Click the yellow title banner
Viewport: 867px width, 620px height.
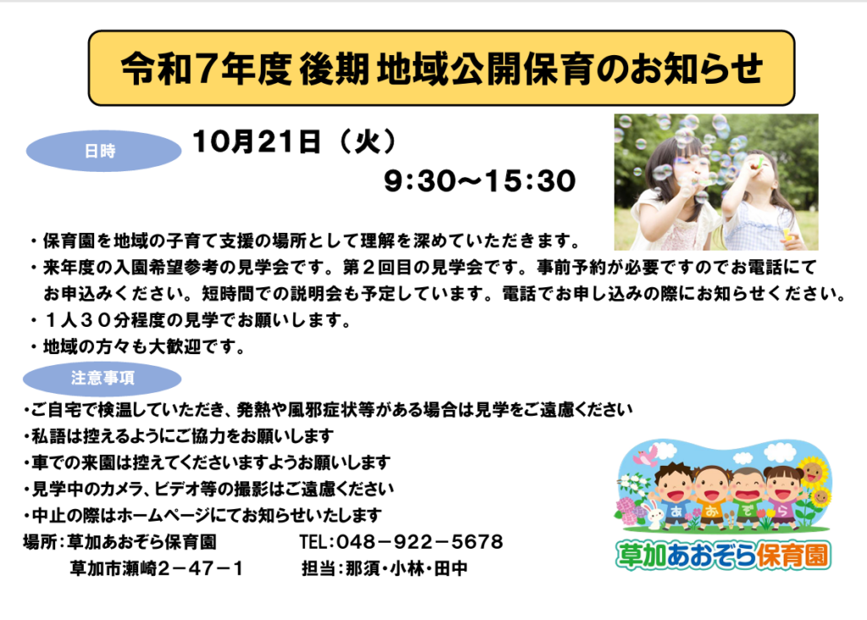pyautogui.click(x=441, y=68)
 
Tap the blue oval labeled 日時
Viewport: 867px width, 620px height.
pyautogui.click(x=103, y=151)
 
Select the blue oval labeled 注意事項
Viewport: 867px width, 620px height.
pyautogui.click(x=102, y=379)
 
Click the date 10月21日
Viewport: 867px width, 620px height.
pyautogui.click(x=256, y=141)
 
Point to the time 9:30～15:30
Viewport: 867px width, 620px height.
pyautogui.click(x=480, y=181)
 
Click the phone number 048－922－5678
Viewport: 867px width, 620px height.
pyautogui.click(x=420, y=542)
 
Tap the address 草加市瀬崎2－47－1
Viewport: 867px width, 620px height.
pyautogui.click(x=157, y=568)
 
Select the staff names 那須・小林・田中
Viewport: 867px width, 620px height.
pyautogui.click(x=406, y=568)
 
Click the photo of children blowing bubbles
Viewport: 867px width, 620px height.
pyautogui.click(x=716, y=182)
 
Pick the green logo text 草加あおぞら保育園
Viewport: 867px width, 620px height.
pyautogui.click(x=723, y=556)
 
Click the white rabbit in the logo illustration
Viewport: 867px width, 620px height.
pyautogui.click(x=654, y=512)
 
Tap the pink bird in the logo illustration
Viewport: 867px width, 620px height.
pyautogui.click(x=645, y=456)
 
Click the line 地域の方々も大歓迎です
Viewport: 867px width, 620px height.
pyautogui.click(x=138, y=346)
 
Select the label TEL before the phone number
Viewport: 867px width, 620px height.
pyautogui.click(x=314, y=542)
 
